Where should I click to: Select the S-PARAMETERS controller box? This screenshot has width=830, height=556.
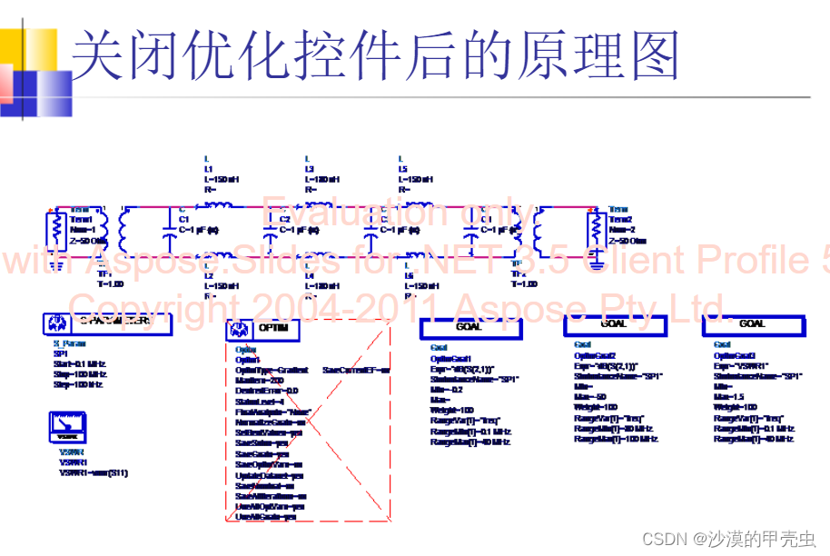tap(107, 323)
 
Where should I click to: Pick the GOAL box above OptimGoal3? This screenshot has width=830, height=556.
tap(752, 325)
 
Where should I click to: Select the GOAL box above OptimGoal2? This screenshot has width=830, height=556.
tap(613, 325)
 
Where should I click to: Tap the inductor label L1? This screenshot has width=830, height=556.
tap(208, 169)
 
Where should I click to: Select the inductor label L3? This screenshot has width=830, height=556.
tap(310, 169)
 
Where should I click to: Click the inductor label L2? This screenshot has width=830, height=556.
tap(208, 275)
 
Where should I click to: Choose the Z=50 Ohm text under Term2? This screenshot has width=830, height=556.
tap(627, 241)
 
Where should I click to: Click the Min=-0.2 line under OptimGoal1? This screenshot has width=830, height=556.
tap(447, 389)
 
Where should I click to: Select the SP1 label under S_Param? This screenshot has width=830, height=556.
tap(61, 353)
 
